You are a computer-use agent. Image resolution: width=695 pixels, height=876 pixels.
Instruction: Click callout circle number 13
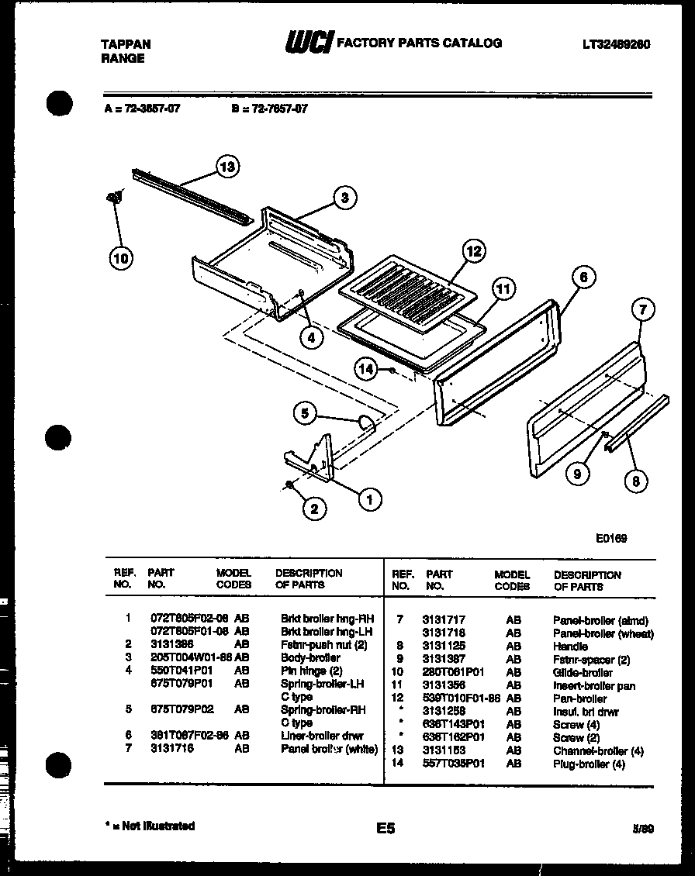point(226,166)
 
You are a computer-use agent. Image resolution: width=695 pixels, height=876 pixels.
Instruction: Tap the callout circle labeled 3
point(344,198)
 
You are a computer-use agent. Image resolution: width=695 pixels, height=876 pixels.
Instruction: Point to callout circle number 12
point(474,251)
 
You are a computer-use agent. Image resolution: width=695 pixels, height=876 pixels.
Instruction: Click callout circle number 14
point(366,370)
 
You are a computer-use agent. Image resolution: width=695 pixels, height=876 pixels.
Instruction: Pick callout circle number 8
point(635,481)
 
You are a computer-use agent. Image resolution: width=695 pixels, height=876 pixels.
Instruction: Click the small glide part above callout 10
point(113,198)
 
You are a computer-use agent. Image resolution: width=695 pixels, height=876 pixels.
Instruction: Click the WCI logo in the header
point(308,43)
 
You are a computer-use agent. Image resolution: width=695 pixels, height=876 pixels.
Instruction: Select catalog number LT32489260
point(616,45)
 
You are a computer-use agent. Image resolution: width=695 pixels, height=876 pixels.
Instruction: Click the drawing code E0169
point(612,539)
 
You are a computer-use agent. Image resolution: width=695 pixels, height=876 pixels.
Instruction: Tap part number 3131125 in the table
point(444,647)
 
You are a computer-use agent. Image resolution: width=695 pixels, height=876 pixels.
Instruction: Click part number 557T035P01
point(453,764)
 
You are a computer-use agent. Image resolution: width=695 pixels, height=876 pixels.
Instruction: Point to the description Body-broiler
point(310,657)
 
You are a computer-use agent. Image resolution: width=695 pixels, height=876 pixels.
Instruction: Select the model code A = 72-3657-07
point(142,109)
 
